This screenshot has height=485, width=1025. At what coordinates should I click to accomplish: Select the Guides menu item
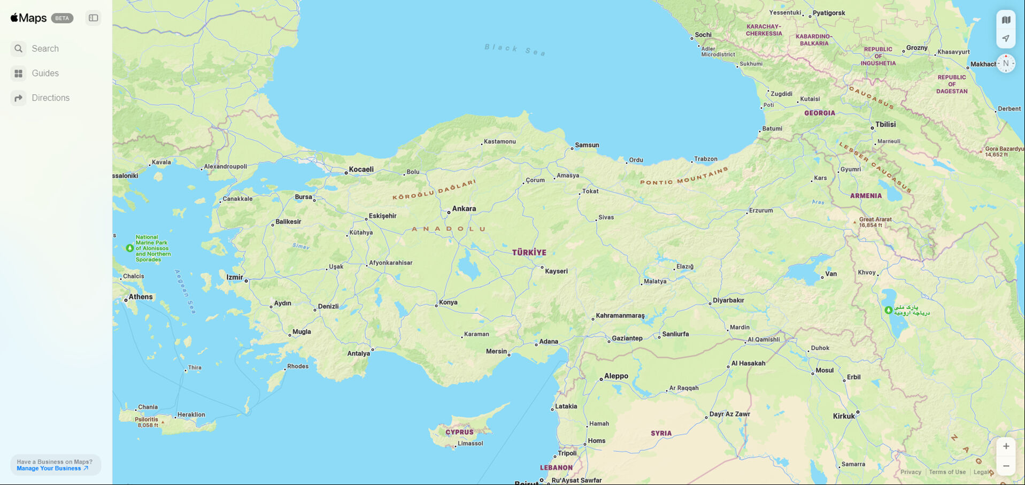45,73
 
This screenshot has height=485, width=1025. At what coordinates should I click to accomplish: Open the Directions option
50,98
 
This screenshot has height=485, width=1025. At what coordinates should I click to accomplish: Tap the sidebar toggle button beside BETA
94,18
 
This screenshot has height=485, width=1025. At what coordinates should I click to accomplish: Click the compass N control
1006,64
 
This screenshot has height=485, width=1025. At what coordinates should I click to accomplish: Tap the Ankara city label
464,209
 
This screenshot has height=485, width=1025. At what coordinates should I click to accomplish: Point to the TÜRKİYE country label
529,252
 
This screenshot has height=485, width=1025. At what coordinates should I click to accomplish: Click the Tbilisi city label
885,124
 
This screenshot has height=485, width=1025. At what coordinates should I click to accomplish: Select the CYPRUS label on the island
459,432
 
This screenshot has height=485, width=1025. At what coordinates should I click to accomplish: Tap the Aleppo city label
616,376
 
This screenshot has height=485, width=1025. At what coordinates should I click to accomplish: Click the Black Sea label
515,50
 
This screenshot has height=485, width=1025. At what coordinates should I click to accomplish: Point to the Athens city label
141,297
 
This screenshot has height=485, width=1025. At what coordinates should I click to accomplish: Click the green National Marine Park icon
129,248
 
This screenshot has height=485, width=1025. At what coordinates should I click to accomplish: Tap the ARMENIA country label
866,196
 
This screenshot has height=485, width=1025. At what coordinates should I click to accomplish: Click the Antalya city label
358,353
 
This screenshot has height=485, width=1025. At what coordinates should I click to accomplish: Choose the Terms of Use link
947,472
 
